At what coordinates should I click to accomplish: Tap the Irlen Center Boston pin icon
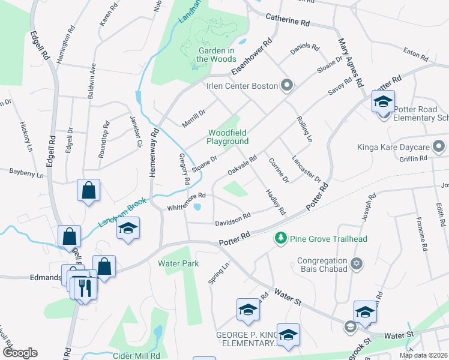click(286, 86)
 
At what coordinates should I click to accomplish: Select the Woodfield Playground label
click(228, 137)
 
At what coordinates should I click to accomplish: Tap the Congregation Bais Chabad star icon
click(356, 264)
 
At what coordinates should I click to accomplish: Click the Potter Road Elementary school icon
click(382, 102)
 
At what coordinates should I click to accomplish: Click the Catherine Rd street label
click(288, 21)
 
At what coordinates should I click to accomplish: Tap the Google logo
click(20, 352)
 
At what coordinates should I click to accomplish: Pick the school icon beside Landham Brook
click(128, 229)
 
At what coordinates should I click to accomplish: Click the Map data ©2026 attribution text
click(423, 355)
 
